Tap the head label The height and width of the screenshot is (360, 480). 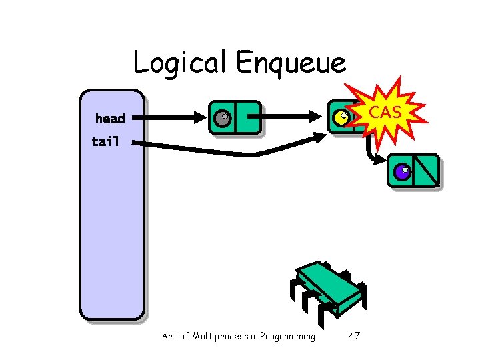[x=110, y=119]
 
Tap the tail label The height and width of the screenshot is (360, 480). [x=105, y=141]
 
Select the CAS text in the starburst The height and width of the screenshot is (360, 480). [x=385, y=112]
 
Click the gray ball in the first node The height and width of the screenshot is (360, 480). [x=221, y=118]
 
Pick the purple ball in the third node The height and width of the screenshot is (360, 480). [x=401, y=172]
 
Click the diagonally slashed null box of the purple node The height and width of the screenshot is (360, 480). [x=425, y=171]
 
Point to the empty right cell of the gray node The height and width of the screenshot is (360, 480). [x=247, y=118]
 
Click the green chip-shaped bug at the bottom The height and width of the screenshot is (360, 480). [x=328, y=287]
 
